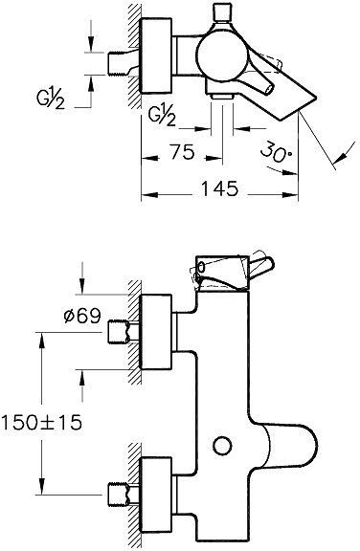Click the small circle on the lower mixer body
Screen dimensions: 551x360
(223, 446)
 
